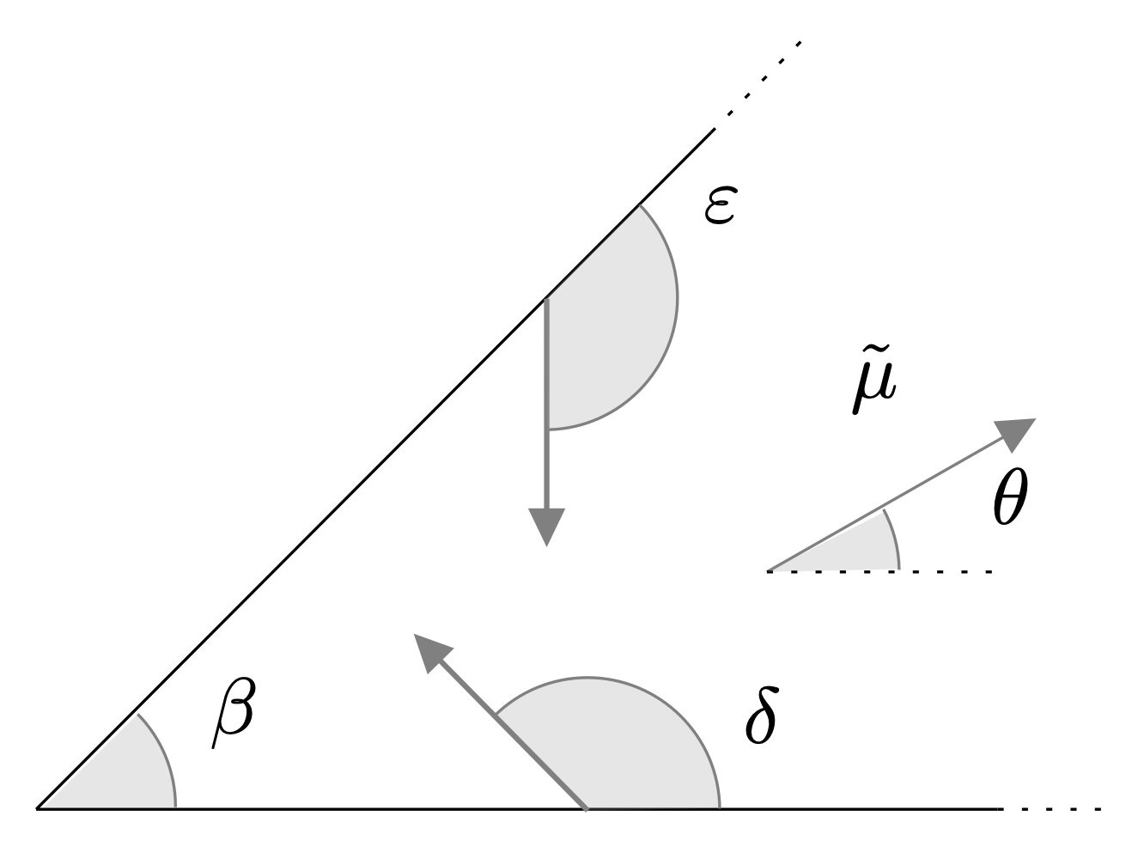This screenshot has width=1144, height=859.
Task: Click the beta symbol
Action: coord(234,712)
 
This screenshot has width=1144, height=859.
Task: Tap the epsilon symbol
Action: coord(721,205)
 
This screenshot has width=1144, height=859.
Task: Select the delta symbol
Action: coord(762,715)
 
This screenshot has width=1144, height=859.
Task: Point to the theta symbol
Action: coord(1010,497)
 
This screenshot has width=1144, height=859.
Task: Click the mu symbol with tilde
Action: coord(874,379)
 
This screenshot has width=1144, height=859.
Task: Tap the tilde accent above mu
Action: coord(875,350)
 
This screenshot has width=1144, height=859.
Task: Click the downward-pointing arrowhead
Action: coord(547,527)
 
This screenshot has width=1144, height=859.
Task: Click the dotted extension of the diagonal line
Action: coord(758,84)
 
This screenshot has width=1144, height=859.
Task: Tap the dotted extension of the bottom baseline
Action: coord(1050,809)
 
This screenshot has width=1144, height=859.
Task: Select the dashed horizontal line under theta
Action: coord(879,572)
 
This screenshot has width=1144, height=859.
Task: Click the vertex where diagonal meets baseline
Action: coord(36,809)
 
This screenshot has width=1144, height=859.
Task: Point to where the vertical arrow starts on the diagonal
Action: coord(547,299)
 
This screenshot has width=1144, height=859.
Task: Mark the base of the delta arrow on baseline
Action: coord(587,809)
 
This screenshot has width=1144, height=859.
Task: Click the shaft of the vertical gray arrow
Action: coord(547,404)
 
